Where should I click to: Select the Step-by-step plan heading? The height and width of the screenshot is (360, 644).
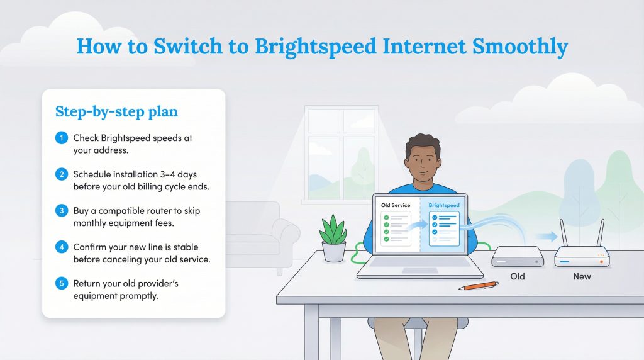(x=116, y=112)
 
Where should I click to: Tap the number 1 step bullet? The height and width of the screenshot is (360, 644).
(x=61, y=138)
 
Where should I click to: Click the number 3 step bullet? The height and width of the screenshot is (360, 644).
(x=61, y=211)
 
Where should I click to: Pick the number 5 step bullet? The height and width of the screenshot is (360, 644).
(x=61, y=283)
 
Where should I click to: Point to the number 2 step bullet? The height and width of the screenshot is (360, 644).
(x=61, y=174)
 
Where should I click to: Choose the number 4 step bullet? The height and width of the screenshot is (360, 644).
(x=61, y=247)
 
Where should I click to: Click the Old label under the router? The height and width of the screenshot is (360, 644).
(x=518, y=276)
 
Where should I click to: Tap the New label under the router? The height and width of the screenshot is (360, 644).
(x=582, y=276)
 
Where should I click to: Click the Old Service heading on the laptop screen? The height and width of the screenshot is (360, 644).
(x=395, y=206)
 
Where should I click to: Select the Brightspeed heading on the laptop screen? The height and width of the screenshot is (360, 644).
(x=444, y=206)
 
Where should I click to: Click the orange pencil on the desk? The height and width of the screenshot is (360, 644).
(x=478, y=286)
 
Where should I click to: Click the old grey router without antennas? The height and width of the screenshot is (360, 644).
(x=518, y=256)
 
